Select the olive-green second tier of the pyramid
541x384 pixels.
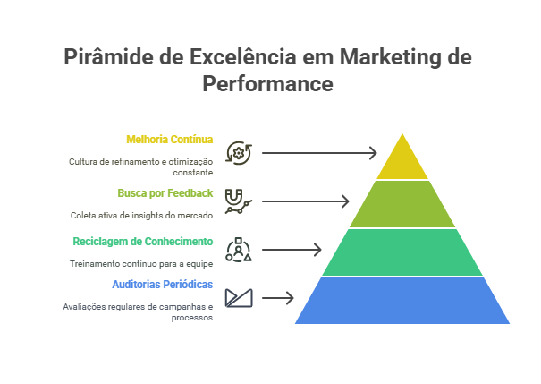pyautogui.click(x=402, y=204)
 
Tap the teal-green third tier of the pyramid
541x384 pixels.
pyautogui.click(x=402, y=252)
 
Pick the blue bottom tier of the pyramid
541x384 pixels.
pyautogui.click(x=402, y=301)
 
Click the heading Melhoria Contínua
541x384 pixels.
pyautogui.click(x=169, y=140)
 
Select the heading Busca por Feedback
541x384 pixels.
pyautogui.click(x=165, y=192)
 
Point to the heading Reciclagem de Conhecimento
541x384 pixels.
pyautogui.click(x=142, y=242)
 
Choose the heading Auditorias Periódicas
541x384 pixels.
pyautogui.click(x=162, y=284)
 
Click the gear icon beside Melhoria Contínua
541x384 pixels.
pyautogui.click(x=238, y=153)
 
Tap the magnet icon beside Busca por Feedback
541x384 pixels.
pyautogui.click(x=238, y=201)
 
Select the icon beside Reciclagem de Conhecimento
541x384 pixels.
pyautogui.click(x=238, y=249)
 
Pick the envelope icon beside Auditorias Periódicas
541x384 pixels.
pyautogui.click(x=238, y=297)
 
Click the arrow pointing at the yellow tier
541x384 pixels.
pyautogui.click(x=319, y=153)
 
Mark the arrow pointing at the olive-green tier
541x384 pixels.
pyautogui.click(x=305, y=201)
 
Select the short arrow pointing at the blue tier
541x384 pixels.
pyautogui.click(x=278, y=297)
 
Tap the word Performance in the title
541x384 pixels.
pyautogui.click(x=268, y=84)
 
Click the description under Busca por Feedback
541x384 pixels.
pyautogui.click(x=141, y=215)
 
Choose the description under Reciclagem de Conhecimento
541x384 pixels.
pyautogui.click(x=141, y=264)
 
